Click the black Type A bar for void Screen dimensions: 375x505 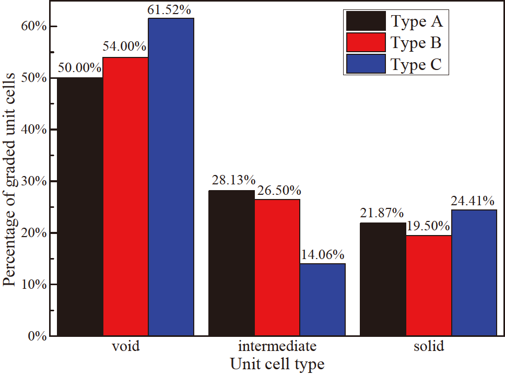coord(80,206)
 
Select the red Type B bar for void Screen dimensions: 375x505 coord(125,196)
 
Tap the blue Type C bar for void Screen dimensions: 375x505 coord(171,177)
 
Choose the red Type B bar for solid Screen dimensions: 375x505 coord(429,285)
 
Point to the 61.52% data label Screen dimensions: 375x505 coord(172,9)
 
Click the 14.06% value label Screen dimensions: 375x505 coord(322,255)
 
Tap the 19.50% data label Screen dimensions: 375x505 coord(428,226)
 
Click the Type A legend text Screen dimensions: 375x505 coord(416,21)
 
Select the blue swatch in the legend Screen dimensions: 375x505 coord(366,64)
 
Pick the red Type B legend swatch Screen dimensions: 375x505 coord(366,43)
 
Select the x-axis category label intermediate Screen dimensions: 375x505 coord(277,347)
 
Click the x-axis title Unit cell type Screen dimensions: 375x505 coord(277,364)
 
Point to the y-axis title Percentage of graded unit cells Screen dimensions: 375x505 coord(9,180)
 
